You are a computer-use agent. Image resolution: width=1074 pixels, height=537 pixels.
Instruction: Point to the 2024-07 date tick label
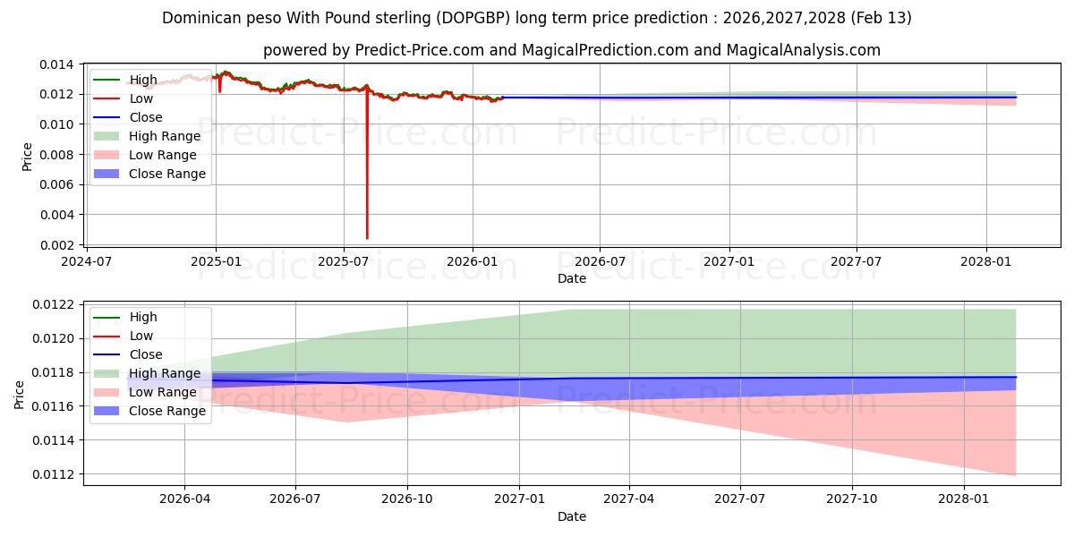pyautogui.click(x=87, y=261)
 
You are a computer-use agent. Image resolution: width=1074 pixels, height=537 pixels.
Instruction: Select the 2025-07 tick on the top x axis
pyautogui.click(x=344, y=261)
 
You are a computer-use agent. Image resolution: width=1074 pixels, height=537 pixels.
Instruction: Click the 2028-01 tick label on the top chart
pyautogui.click(x=985, y=261)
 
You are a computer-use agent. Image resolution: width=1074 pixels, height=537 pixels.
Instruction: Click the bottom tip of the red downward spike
pyautogui.click(x=367, y=237)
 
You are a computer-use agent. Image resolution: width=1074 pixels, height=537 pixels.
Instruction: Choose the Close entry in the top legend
pyautogui.click(x=146, y=117)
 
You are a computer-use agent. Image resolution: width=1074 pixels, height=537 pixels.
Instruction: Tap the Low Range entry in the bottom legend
pyautogui.click(x=163, y=392)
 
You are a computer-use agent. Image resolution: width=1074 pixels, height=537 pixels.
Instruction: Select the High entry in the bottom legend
pyautogui.click(x=143, y=317)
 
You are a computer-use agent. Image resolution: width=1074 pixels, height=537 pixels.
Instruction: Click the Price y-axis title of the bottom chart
pyautogui.click(x=20, y=394)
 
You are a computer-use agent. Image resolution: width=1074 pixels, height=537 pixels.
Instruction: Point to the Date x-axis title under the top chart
pyautogui.click(x=572, y=278)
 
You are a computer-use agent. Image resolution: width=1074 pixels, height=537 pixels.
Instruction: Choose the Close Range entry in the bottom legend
pyautogui.click(x=167, y=411)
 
